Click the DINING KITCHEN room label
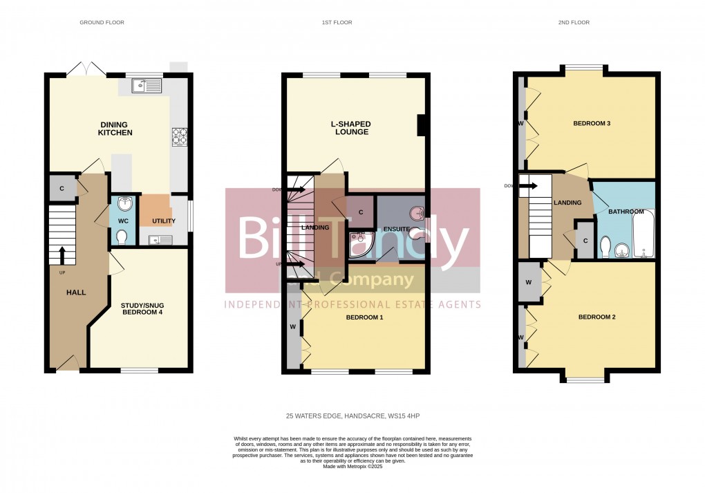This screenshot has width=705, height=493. click(x=115, y=129)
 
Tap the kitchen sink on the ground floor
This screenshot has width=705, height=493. click(x=147, y=86)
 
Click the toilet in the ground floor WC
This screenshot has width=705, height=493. click(x=122, y=237)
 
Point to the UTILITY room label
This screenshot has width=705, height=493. click(x=164, y=221)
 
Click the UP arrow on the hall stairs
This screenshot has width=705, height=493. click(x=62, y=255)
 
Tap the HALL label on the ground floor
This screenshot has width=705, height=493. click(x=76, y=292)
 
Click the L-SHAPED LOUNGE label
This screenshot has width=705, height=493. click(x=350, y=128)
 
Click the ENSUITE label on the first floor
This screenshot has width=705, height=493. click(x=397, y=228)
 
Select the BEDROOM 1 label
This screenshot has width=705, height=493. click(x=364, y=317)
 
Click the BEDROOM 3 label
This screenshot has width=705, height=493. click(x=592, y=124)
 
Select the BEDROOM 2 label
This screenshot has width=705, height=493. click(x=596, y=317)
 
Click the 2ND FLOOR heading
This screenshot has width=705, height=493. click(x=573, y=23)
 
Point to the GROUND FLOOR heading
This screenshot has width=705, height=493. click(x=102, y=23)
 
